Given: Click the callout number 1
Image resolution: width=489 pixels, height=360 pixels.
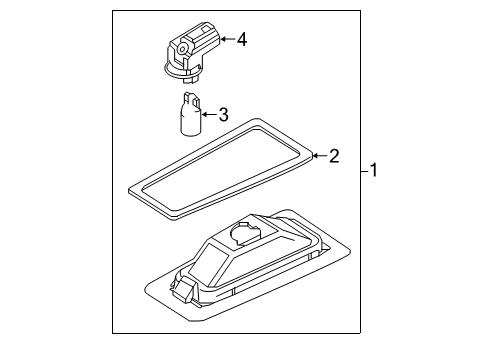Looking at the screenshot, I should (374, 171).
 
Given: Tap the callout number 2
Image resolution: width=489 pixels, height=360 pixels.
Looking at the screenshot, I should (334, 155).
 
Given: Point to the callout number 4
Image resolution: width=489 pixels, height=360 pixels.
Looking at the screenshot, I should (240, 39).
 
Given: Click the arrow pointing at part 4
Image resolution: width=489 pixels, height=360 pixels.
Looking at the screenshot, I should (225, 39).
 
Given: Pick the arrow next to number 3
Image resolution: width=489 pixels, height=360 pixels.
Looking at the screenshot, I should (207, 115).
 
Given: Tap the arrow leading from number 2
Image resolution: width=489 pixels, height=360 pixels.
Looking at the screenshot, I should (319, 155).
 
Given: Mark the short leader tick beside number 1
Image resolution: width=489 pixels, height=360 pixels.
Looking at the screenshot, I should (363, 171).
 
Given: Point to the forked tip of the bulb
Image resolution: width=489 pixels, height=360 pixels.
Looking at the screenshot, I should (191, 98).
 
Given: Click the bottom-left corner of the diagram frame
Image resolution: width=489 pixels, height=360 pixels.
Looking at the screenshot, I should (112, 332).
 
